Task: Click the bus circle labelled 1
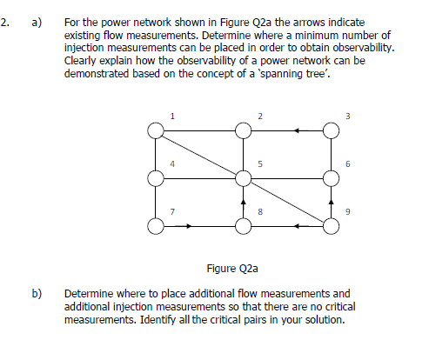click(156, 130)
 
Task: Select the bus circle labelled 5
click(244, 178)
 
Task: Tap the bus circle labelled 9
click(331, 226)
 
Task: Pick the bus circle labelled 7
click(156, 226)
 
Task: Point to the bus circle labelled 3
click(331, 130)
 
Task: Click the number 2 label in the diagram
click(259, 116)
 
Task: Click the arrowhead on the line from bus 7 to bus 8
click(189, 226)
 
